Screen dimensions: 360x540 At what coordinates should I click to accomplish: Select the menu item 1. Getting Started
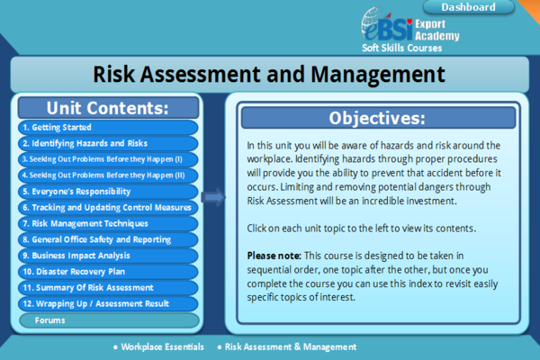coord(107,128)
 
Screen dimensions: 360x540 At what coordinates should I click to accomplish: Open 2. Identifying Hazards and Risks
coord(107,143)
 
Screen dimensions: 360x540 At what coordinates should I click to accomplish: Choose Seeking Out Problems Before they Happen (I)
coord(107,159)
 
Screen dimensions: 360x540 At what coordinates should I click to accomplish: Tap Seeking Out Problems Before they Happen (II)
coord(107,175)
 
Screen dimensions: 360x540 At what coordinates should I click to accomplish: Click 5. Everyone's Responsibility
coord(107,192)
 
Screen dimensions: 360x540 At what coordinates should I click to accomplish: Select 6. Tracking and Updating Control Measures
coord(107,208)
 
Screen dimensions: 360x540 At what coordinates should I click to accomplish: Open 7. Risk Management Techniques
coord(107,223)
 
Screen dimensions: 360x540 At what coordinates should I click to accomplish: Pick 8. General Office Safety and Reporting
coord(107,239)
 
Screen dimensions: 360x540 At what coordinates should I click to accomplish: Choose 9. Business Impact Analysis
coord(107,256)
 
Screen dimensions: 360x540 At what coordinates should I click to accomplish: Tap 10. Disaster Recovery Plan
coord(107,272)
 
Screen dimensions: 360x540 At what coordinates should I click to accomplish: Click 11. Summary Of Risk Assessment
coord(107,288)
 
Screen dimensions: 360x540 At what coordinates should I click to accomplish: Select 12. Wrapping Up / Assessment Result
coord(107,303)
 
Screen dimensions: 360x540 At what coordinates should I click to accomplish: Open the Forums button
coord(107,320)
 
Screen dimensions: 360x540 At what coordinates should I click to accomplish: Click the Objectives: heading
coord(376,118)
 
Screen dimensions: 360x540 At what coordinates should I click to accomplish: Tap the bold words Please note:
coord(274,256)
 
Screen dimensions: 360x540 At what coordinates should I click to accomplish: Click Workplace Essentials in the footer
coord(160,346)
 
